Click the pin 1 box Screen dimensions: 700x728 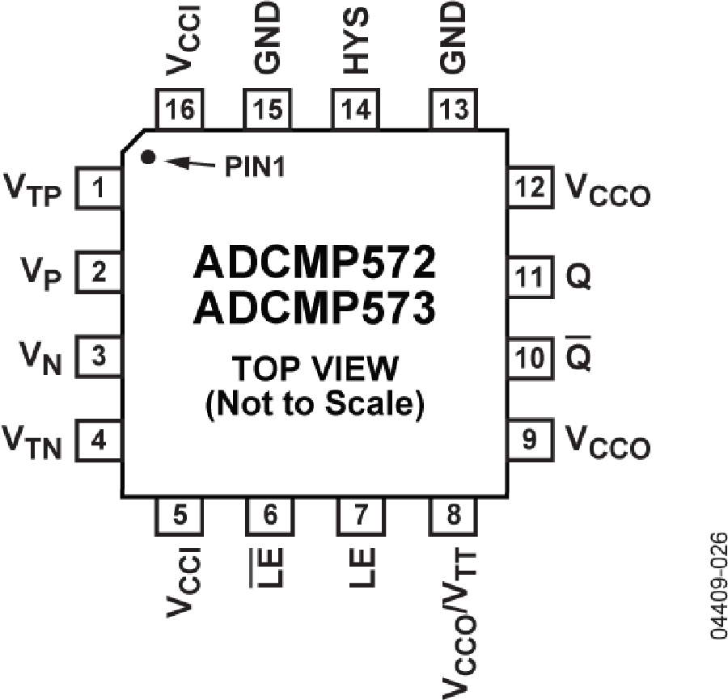(x=99, y=190)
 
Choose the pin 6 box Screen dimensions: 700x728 (x=270, y=515)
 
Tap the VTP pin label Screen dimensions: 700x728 (x=33, y=191)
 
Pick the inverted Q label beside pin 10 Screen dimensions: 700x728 (x=579, y=356)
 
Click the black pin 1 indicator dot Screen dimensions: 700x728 (x=147, y=158)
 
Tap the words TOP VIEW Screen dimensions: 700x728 (x=315, y=369)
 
